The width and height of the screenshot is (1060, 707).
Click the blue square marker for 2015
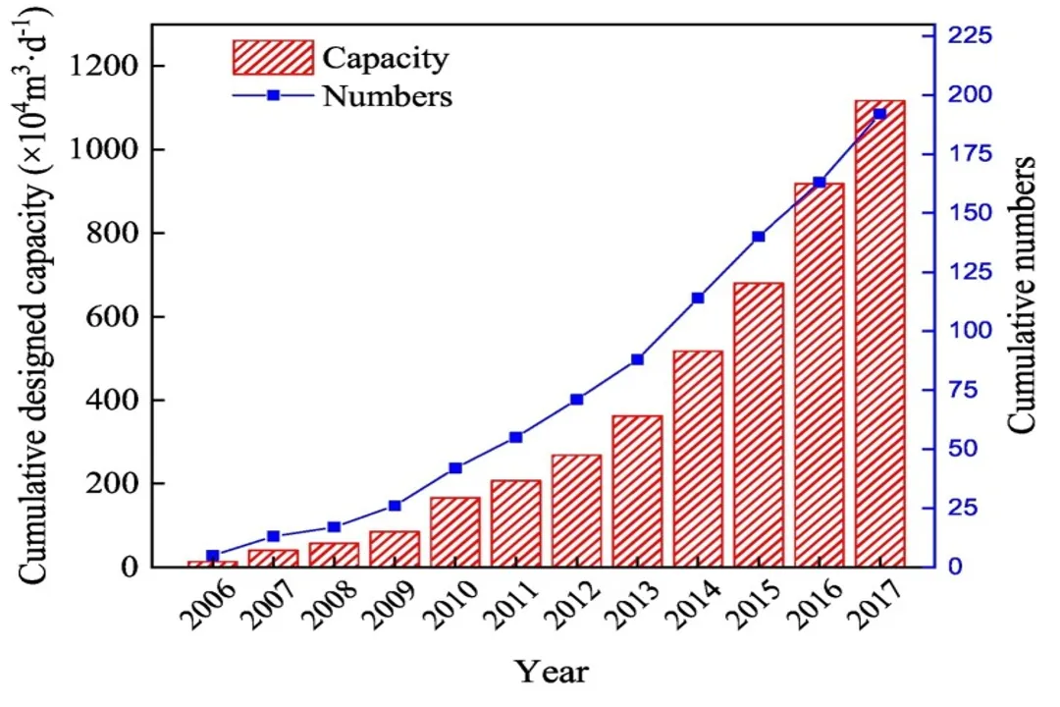tap(759, 237)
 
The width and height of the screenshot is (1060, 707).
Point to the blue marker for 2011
tap(515, 437)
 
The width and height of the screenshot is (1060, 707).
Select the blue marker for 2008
tap(334, 527)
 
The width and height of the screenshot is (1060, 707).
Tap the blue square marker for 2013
tap(637, 359)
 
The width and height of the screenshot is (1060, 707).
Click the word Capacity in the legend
tap(386, 58)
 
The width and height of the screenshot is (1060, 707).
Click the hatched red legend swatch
tap(273, 58)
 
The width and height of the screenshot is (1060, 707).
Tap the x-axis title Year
tap(553, 672)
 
